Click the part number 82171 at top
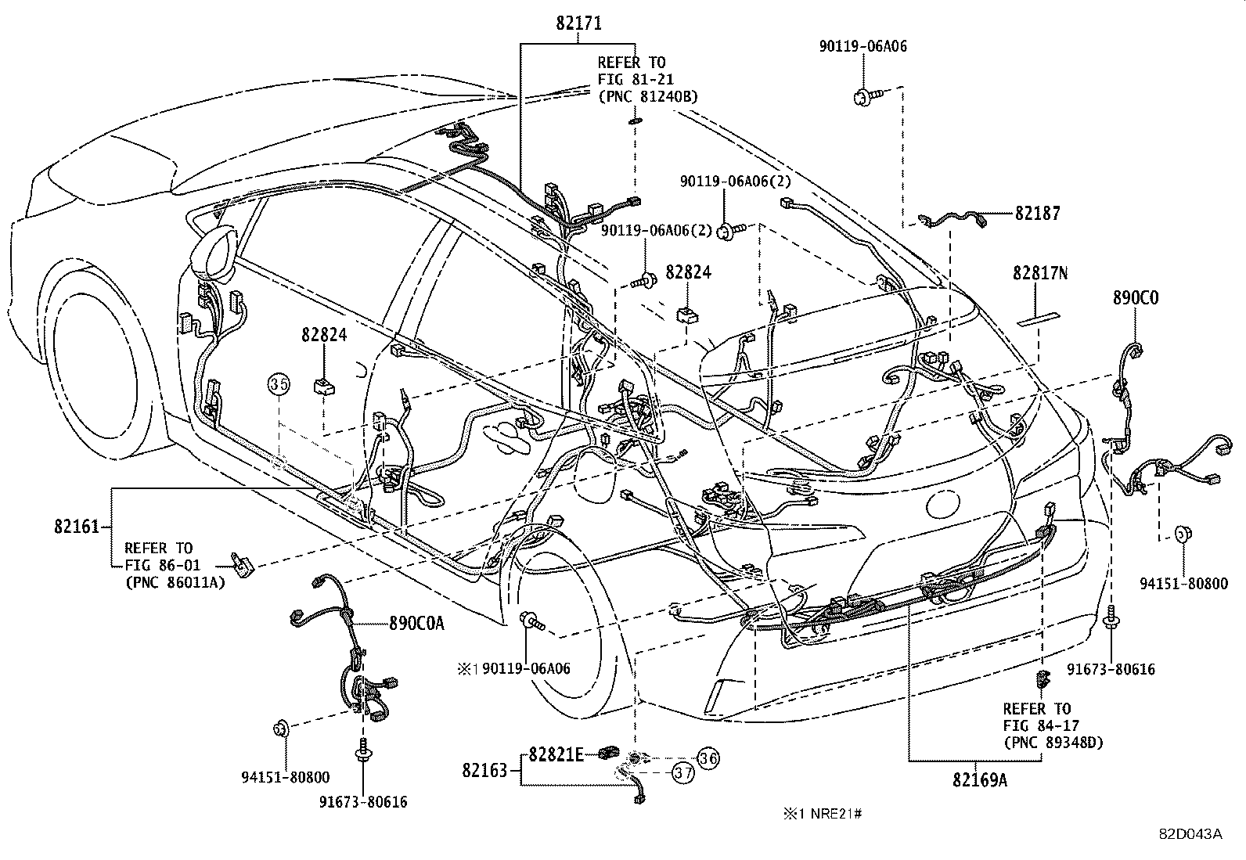pos(578,23)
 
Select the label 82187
pos(1038,213)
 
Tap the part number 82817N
pos(1040,273)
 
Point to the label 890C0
pos(1136,298)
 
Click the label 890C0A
pos(416,624)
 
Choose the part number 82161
pos(77,527)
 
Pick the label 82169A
pos(979,779)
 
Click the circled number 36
pos(708,757)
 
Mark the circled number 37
pos(683,773)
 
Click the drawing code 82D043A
pos(1190,833)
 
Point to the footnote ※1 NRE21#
pos(822,814)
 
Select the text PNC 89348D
pos(1053,743)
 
